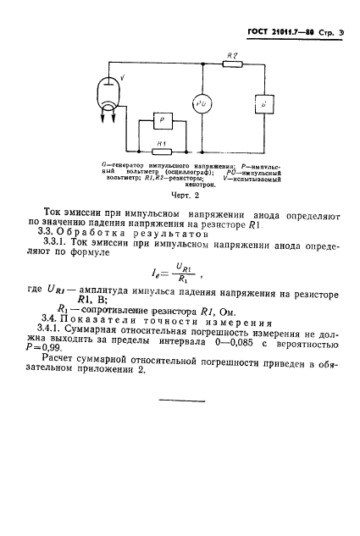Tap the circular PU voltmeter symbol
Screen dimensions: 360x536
pos(200,104)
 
